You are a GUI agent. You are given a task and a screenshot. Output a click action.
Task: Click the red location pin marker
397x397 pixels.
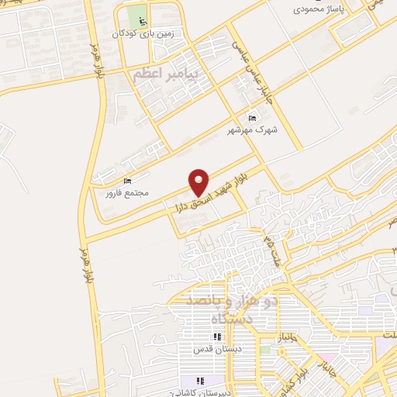point(199,181)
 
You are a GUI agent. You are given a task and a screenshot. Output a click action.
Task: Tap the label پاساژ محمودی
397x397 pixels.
point(318,11)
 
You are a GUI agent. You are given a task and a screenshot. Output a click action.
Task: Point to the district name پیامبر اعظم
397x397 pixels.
point(167,75)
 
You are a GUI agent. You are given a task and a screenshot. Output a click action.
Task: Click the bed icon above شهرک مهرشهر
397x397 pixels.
point(250,117)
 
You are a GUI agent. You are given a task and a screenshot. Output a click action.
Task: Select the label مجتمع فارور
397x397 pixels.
point(128,192)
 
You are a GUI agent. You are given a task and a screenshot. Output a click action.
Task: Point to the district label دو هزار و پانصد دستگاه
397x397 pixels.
point(226,308)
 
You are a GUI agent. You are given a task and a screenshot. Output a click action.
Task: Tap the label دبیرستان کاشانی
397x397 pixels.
point(203,393)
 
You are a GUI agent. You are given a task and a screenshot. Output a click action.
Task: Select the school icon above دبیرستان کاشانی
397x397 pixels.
point(199,381)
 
